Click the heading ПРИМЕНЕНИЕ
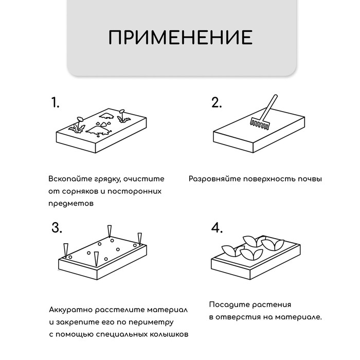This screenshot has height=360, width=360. point(180,38)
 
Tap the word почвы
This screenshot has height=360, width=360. point(311,179)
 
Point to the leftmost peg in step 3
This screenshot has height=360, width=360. point(65,249)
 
